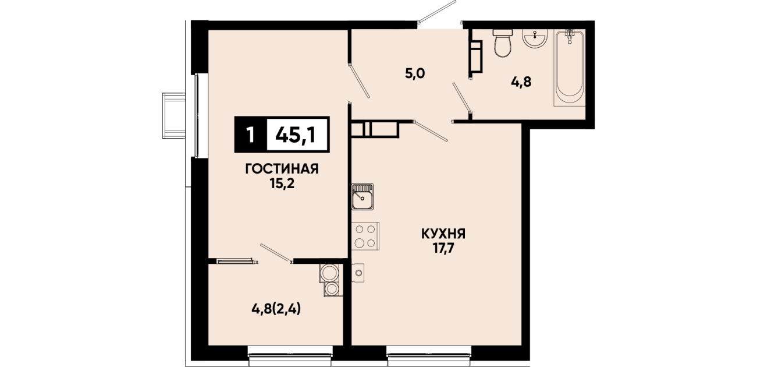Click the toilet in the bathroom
(503, 43)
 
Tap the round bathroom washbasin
(535, 38)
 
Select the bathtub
(570, 68)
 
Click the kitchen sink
(362, 196)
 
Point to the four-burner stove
(365, 236)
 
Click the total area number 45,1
(296, 135)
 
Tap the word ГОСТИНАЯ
(282, 169)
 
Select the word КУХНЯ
(443, 234)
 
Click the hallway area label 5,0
(415, 73)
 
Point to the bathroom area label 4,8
(521, 82)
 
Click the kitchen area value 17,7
(443, 249)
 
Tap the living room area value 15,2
(282, 183)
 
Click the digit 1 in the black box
(250, 135)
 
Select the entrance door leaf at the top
(437, 12)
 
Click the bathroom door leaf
(462, 98)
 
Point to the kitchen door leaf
(430, 131)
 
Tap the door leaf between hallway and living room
(359, 80)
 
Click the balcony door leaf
(276, 253)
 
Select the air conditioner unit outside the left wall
(174, 116)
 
